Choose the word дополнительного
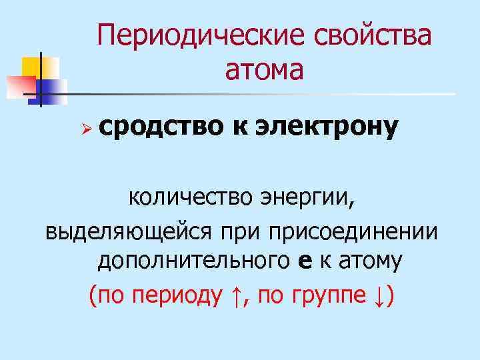pos(193,262)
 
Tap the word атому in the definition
pos(369,262)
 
